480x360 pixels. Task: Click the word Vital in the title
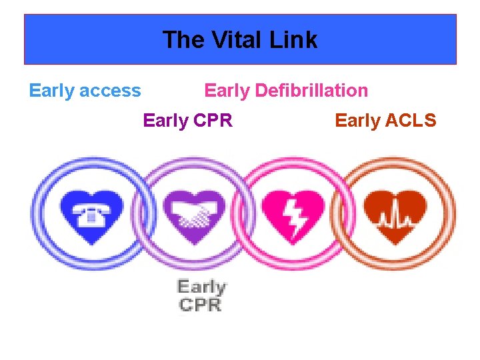239,40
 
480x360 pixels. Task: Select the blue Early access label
85,91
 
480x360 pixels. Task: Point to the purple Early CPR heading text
188,121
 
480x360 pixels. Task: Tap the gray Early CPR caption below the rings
201,295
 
